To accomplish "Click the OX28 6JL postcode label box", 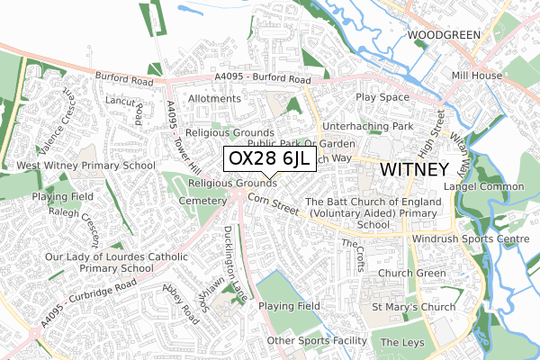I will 269,159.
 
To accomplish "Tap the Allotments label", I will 214,98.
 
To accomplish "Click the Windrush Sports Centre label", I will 470,240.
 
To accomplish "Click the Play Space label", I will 382,96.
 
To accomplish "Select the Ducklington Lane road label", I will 237,257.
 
